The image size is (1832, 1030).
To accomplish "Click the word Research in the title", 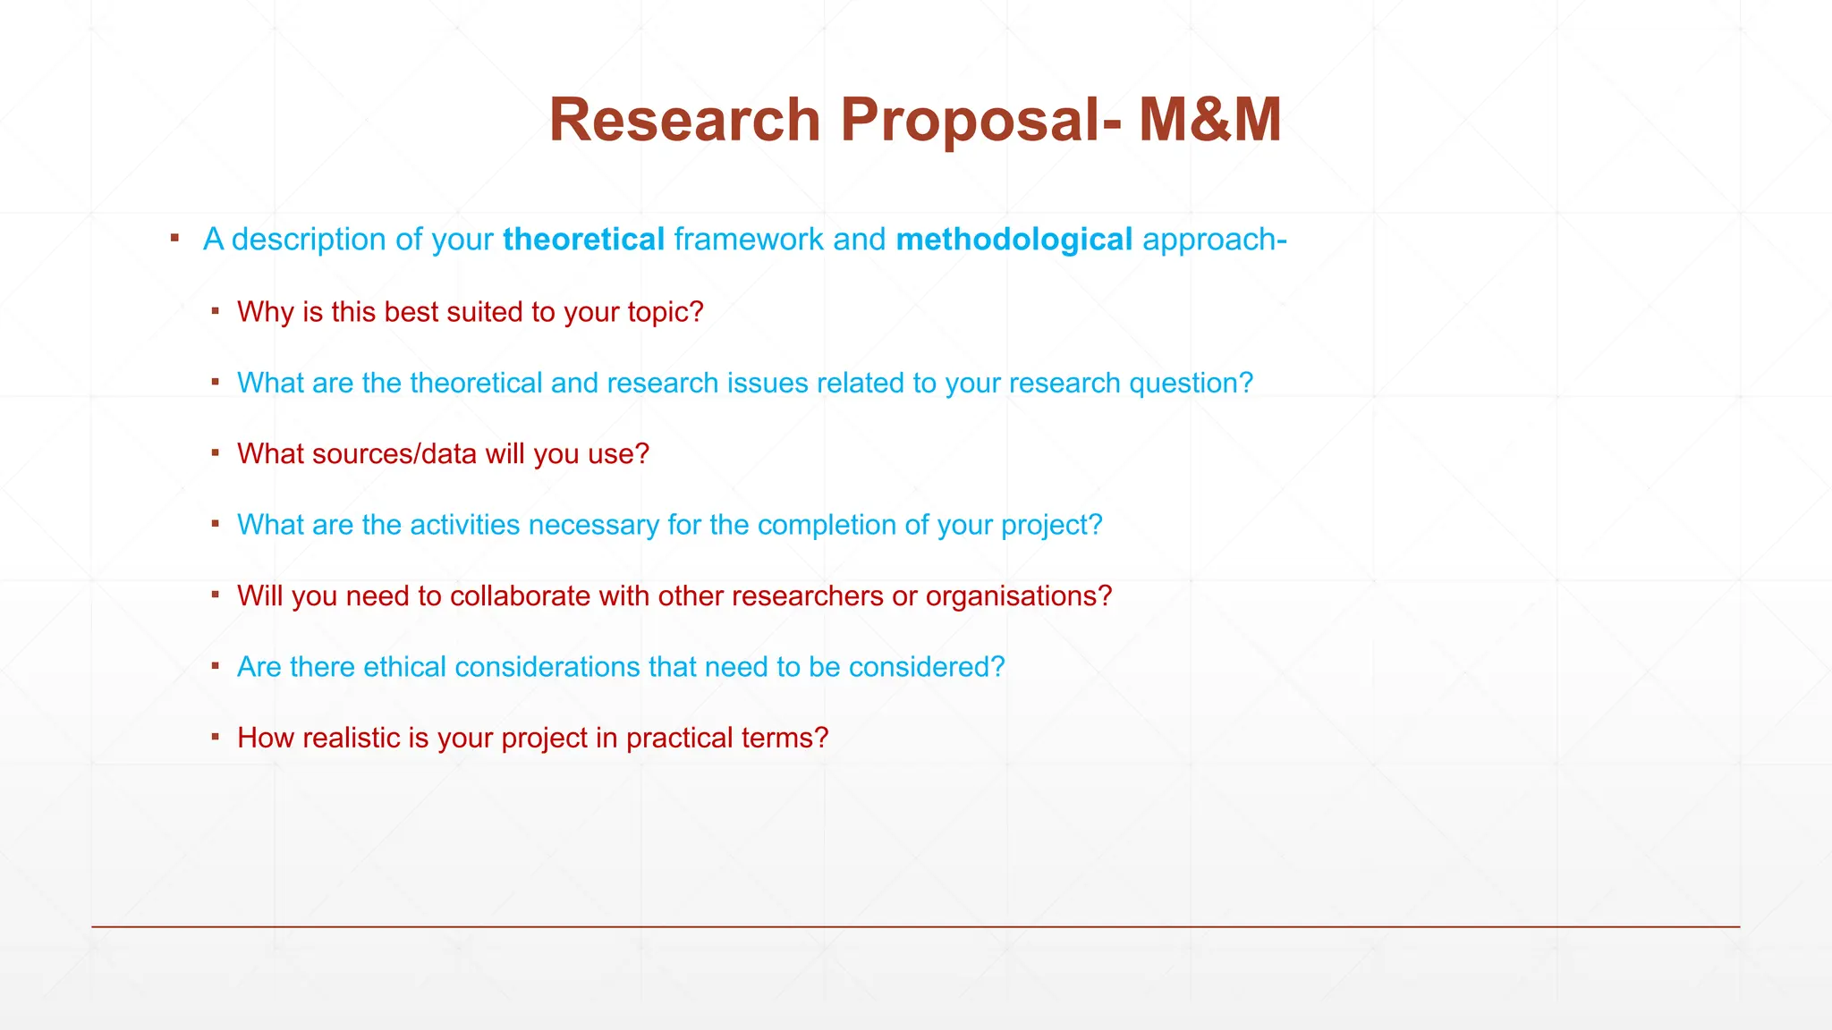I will (x=684, y=120).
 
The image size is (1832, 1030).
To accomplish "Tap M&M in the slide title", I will (x=1209, y=120).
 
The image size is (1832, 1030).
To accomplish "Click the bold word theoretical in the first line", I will (x=583, y=240).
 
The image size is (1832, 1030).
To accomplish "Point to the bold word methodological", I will (x=1014, y=240).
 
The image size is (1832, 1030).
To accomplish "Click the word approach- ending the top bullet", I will (x=1214, y=240).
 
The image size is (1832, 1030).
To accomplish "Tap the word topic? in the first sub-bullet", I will (x=665, y=312).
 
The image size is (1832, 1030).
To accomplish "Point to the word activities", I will (x=465, y=525).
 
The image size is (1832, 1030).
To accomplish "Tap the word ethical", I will (x=404, y=667).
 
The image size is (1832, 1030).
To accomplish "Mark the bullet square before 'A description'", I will (x=175, y=238).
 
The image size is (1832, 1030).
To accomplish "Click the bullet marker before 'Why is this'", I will (x=216, y=311).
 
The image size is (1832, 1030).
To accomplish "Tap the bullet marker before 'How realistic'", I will (x=216, y=737).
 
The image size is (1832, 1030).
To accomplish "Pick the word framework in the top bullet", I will (x=748, y=240).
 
